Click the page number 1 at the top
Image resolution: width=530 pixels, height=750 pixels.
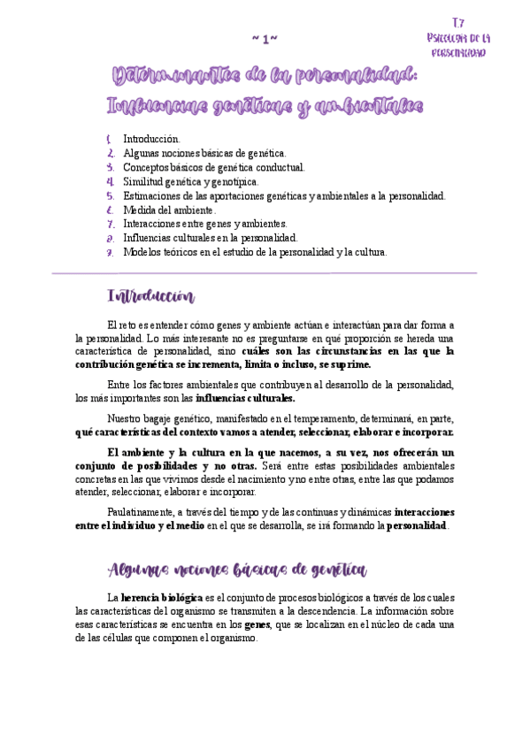coord(265,39)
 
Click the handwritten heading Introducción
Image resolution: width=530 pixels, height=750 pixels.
coord(150,295)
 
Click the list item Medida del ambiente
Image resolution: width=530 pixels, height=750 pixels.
coord(169,210)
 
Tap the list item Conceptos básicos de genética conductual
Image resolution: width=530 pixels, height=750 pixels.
coord(213,167)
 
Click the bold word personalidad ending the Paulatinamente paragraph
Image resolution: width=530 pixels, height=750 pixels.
coord(417,526)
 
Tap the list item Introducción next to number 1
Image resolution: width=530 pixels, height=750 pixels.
coord(151,139)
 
